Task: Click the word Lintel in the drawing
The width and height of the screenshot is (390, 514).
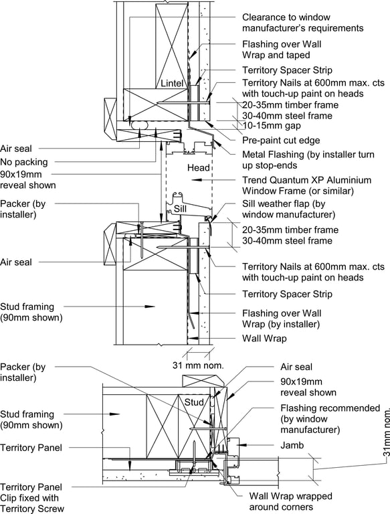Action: [172, 83]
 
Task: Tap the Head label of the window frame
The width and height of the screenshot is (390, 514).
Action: [198, 168]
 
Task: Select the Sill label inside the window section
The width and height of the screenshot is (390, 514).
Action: [180, 209]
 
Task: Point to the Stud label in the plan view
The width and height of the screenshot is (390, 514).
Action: [194, 402]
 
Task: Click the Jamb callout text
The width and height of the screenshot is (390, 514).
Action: [292, 445]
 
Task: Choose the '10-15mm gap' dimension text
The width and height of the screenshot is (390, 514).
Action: [272, 126]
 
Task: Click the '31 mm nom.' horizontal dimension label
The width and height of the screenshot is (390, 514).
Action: [198, 365]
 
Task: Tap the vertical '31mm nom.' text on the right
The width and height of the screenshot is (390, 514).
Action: [386, 432]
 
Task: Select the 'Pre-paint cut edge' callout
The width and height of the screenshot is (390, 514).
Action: [281, 141]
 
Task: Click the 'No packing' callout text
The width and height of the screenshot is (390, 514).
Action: [24, 162]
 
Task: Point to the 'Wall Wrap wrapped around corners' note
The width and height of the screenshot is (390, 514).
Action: [291, 501]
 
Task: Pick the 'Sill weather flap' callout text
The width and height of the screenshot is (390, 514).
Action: [289, 209]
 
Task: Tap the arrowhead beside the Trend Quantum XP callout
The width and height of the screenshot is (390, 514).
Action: [195, 180]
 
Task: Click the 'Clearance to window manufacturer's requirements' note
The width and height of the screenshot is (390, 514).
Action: [303, 23]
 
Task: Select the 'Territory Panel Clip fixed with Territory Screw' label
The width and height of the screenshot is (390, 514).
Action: [32, 498]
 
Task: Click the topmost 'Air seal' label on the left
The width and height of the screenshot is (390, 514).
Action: [16, 149]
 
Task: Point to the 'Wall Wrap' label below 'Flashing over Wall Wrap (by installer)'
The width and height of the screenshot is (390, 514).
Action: [264, 338]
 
